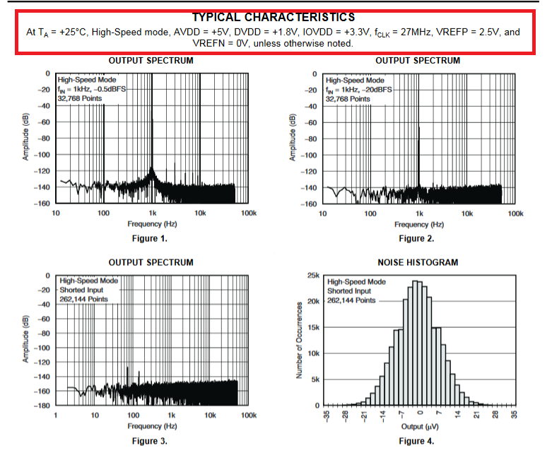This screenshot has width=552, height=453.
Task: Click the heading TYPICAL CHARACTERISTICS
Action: pos(274,17)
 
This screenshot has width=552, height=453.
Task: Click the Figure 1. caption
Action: pos(149,239)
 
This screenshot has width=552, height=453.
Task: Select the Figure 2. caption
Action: pos(416,239)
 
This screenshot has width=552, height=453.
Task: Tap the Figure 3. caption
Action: pos(149,441)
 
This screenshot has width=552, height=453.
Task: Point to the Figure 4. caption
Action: pos(416,441)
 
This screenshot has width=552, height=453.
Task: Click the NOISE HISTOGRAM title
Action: pos(418,262)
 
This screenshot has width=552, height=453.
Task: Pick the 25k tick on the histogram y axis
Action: pos(312,276)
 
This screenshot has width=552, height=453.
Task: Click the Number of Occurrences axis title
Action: pos(300,340)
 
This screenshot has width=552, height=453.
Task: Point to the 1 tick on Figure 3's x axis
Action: pos(57,416)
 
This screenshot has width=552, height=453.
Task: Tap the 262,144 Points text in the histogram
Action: pos(351,300)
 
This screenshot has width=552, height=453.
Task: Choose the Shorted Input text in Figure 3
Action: pos(82,290)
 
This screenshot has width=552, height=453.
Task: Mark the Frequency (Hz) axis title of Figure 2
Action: pos(419,225)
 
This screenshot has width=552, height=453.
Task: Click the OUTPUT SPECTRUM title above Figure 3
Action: pos(151,262)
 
